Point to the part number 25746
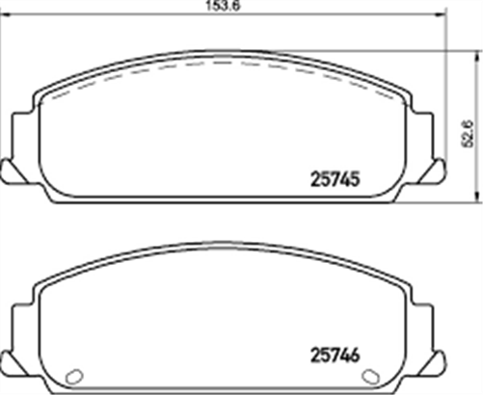[339, 353]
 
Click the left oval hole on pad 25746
[70, 376]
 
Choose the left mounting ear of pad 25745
[23, 135]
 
